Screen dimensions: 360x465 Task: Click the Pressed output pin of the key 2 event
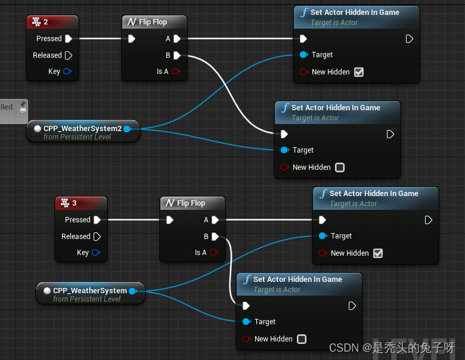coord(69,39)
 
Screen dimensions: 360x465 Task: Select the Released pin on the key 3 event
coord(97,237)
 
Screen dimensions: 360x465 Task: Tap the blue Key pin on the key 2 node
coord(67,72)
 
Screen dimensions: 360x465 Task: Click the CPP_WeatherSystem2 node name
coord(82,129)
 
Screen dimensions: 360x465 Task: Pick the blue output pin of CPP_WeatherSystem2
coord(126,129)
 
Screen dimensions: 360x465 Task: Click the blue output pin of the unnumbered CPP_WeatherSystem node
coord(132,291)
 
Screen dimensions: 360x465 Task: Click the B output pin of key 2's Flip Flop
coord(177,55)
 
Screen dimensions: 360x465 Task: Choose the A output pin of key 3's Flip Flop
coord(215,220)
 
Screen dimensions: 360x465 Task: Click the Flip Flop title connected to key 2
coord(153,22)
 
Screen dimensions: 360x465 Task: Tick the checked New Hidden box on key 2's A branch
coord(359,72)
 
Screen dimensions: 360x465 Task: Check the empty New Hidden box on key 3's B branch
coord(302,339)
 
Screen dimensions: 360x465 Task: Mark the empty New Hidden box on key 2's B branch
coord(340,167)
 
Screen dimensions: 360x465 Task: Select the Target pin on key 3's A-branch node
coord(323,236)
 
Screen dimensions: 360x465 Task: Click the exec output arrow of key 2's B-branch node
coord(390,134)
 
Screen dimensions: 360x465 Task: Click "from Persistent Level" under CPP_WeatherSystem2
coord(77,137)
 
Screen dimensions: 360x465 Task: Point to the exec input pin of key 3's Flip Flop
coord(170,220)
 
